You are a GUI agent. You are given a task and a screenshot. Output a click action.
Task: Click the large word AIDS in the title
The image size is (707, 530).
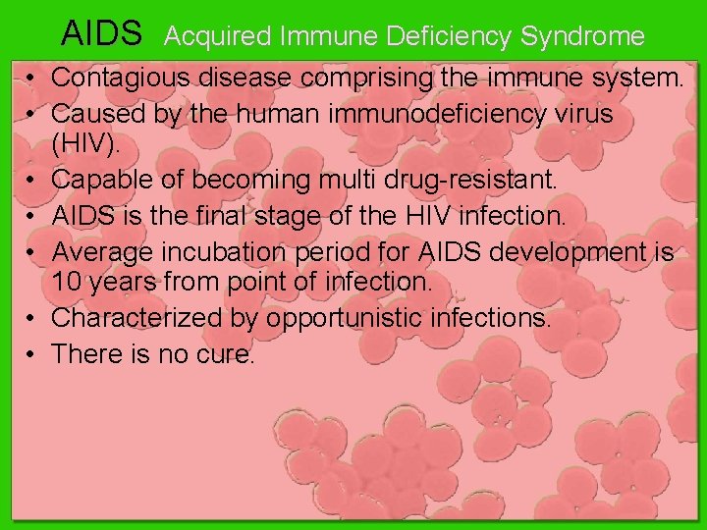tap(102, 34)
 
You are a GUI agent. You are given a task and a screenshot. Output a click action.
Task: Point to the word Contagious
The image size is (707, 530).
tap(120, 78)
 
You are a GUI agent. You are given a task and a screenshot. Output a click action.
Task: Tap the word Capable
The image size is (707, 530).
tap(97, 181)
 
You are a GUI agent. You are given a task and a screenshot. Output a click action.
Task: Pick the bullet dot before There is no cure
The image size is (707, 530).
tap(32, 352)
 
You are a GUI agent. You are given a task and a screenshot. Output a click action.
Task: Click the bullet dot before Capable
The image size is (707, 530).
tap(32, 181)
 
